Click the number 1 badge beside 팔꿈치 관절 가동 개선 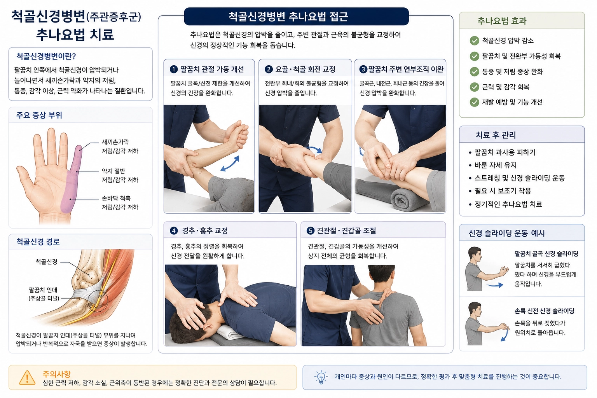click(174, 70)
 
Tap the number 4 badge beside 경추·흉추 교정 click(174, 230)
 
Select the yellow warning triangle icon click(27, 378)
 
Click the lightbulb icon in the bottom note click(321, 377)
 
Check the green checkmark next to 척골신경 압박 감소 click(475, 41)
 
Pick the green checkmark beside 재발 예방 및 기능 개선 click(475, 102)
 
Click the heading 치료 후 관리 click(496, 135)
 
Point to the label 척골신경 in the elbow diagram click(46, 262)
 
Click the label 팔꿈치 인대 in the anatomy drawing click(43, 290)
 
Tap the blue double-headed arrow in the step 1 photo click(230, 163)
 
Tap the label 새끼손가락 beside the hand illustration click(115, 142)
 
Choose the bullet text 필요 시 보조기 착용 click(503, 191)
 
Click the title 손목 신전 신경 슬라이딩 click(544, 311)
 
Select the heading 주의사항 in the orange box click(56, 374)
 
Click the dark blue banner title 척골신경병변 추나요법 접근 click(288, 17)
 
